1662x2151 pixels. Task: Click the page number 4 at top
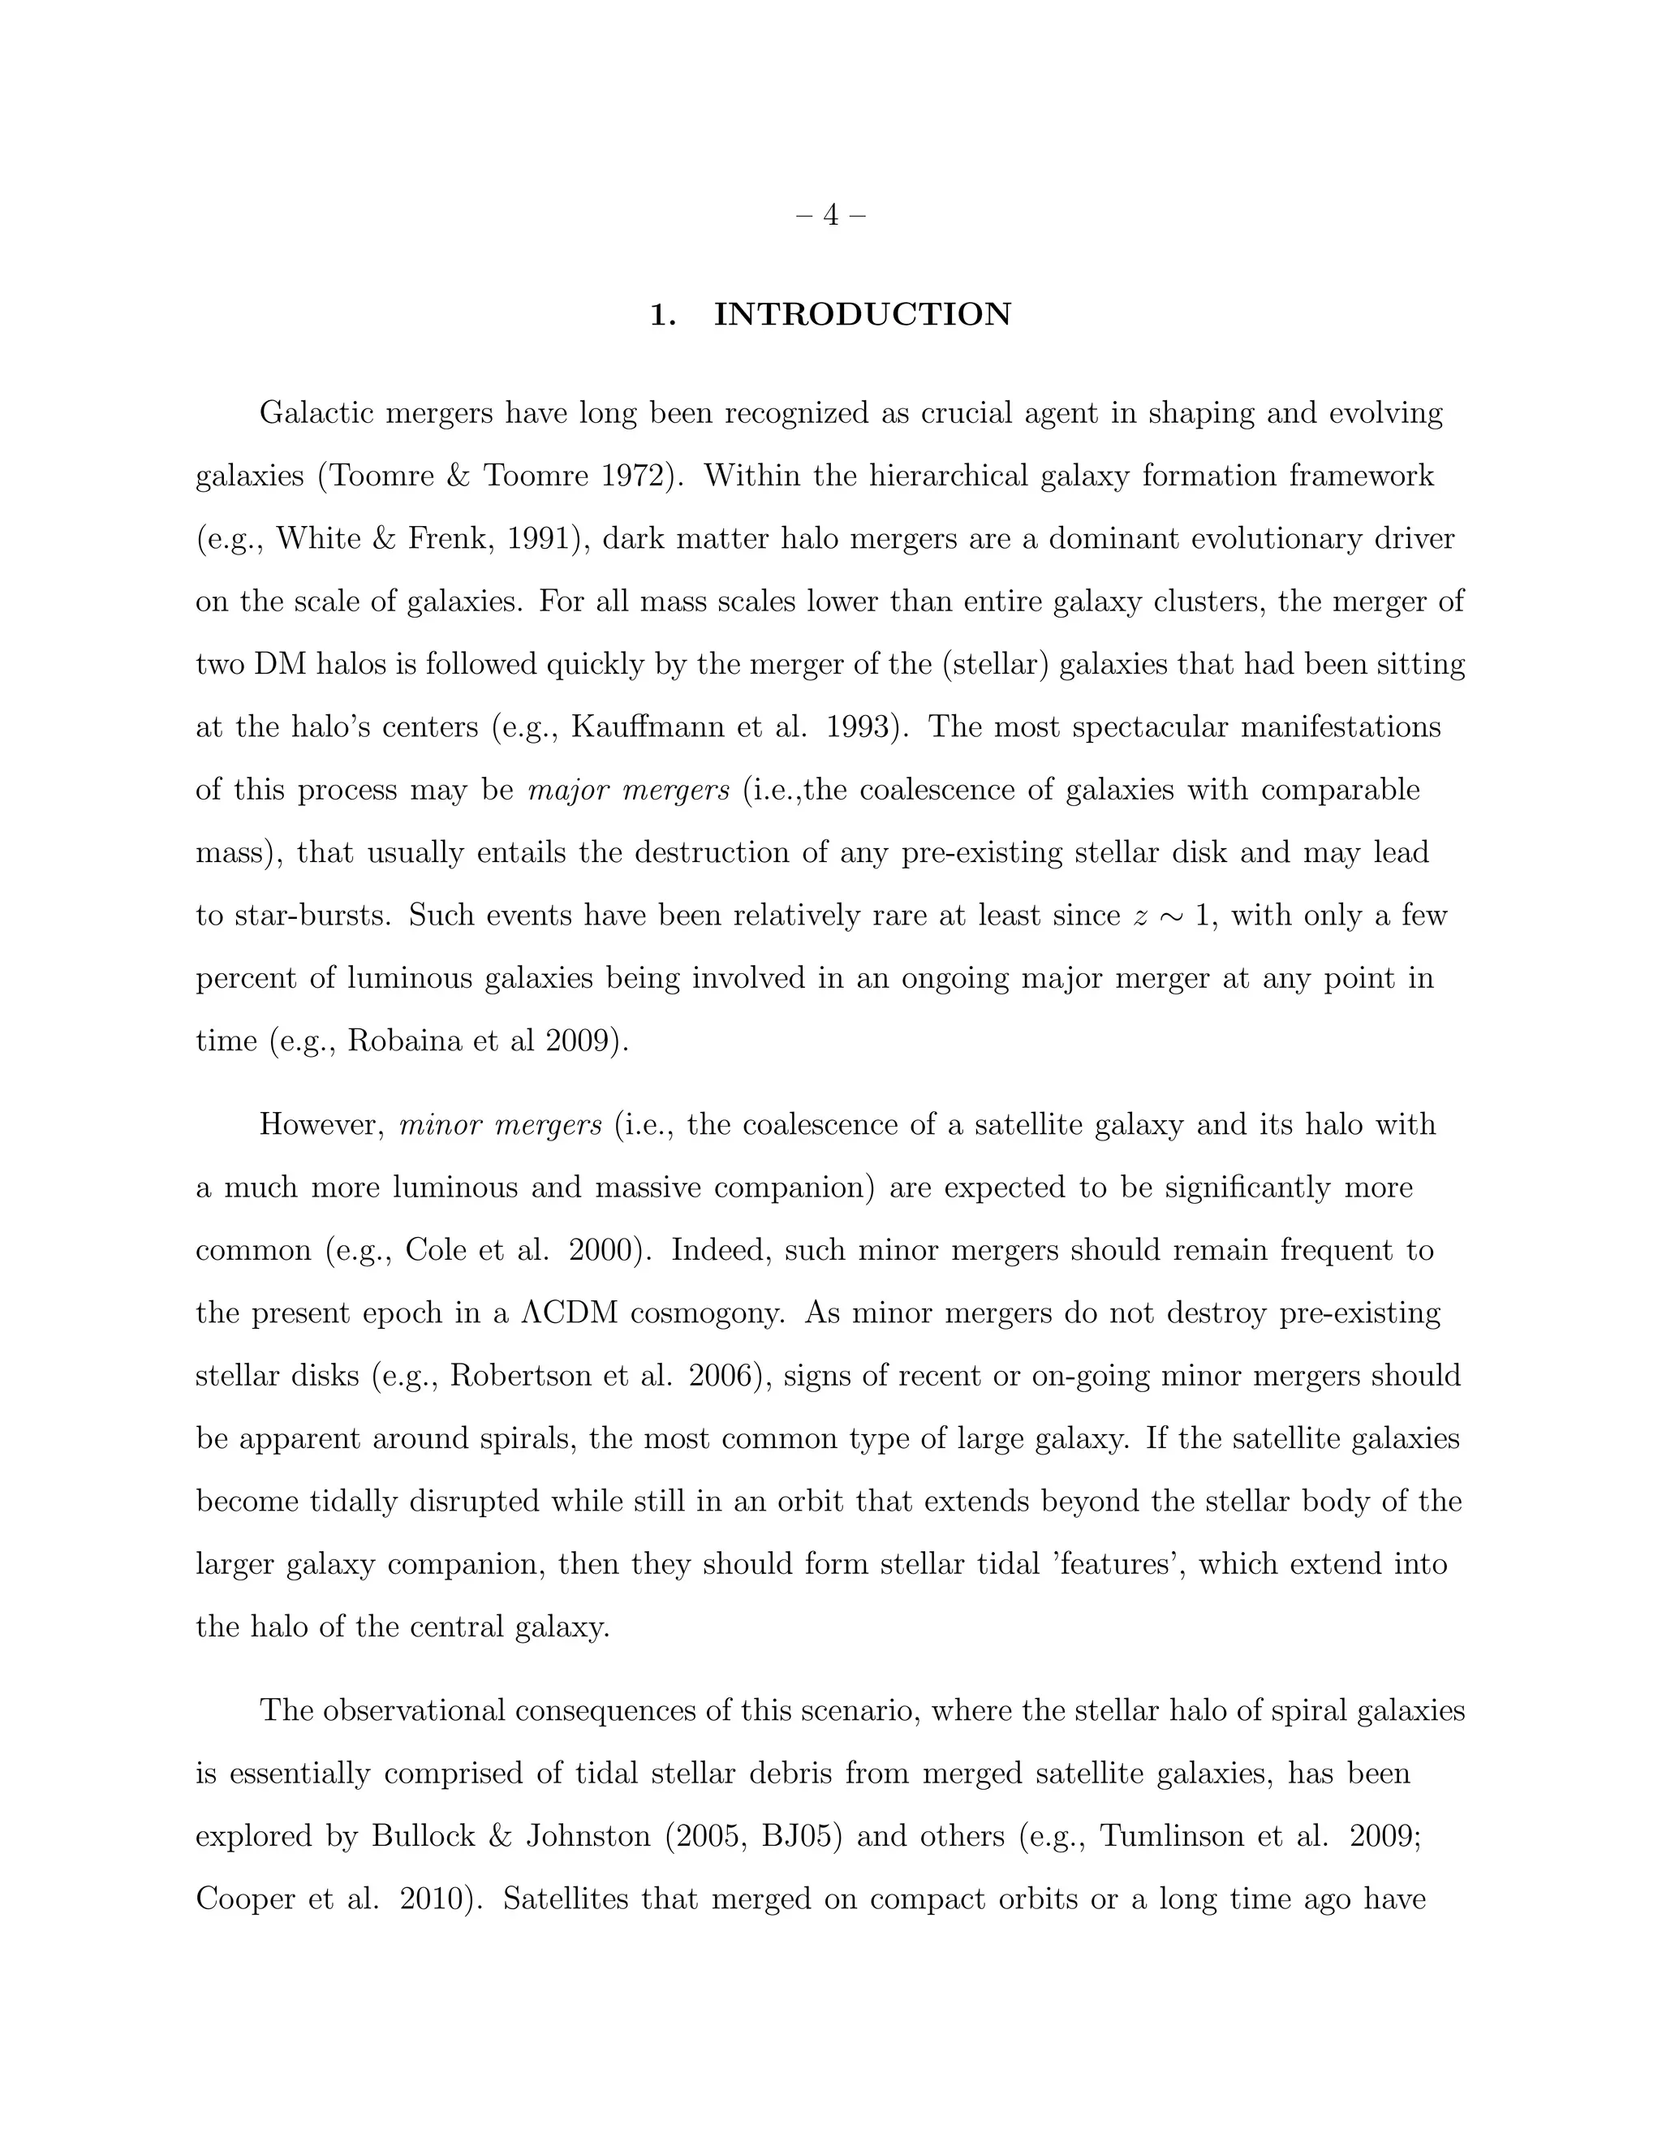tap(830, 215)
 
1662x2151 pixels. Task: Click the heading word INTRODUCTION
tap(862, 315)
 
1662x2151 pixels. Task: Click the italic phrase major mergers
tap(628, 790)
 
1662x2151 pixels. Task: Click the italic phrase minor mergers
tap(500, 1125)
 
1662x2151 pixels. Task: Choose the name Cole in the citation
tap(433, 1251)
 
